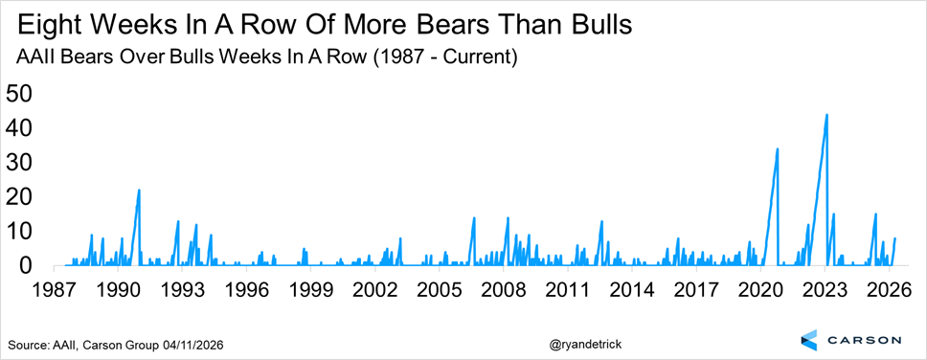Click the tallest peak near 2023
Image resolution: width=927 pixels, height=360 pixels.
point(826,115)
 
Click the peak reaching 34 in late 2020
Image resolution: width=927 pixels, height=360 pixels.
point(778,149)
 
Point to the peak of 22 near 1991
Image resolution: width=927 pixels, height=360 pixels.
point(139,191)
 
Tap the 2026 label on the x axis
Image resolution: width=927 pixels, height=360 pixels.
point(889,291)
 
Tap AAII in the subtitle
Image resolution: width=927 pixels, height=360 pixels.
point(34,59)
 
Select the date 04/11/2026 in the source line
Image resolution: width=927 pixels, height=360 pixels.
point(192,344)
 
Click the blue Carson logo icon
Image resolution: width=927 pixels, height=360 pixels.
point(810,339)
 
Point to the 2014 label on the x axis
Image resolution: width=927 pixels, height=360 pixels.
point(631,291)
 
